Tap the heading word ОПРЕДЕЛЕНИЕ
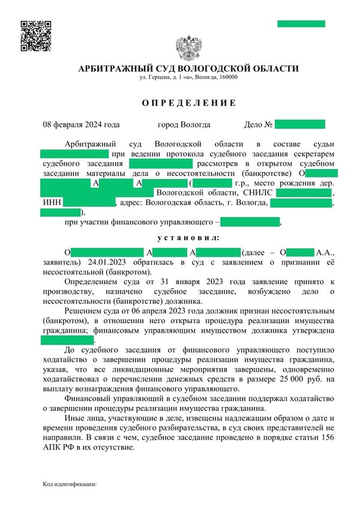tap(188, 103)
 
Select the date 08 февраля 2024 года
tap(81, 125)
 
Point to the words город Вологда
tap(184, 125)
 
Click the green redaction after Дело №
tap(299, 125)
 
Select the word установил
tap(188, 238)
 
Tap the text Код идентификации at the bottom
tap(70, 483)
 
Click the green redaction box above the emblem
tap(301, 24)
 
